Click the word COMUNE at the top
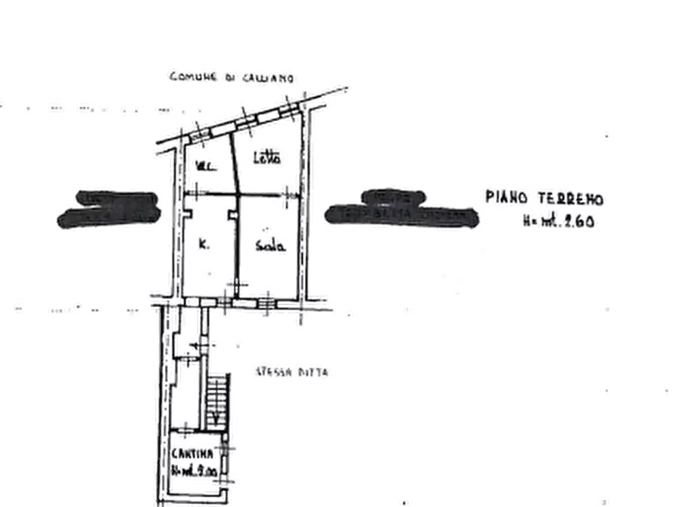pos(190,76)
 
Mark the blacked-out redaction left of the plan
pos(107,208)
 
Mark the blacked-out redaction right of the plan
pos(399,207)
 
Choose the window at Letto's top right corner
pos(288,110)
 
